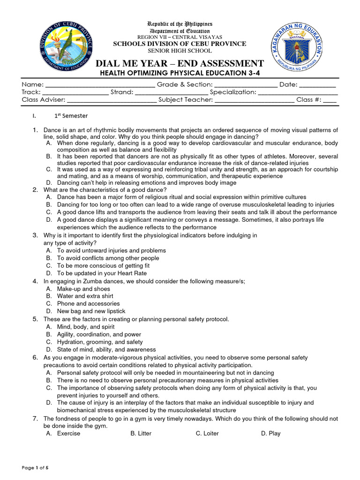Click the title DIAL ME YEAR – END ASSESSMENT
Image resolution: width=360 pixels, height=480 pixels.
click(180, 64)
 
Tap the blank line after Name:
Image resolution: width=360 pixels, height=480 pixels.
click(100, 85)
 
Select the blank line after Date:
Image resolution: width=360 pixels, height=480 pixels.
click(317, 85)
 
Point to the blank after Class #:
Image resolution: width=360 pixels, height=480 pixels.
click(330, 100)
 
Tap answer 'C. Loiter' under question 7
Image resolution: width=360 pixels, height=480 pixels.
click(207, 434)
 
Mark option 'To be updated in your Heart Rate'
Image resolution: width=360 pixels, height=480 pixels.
click(102, 273)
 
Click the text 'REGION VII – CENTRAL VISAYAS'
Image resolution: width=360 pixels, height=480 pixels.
click(180, 37)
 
